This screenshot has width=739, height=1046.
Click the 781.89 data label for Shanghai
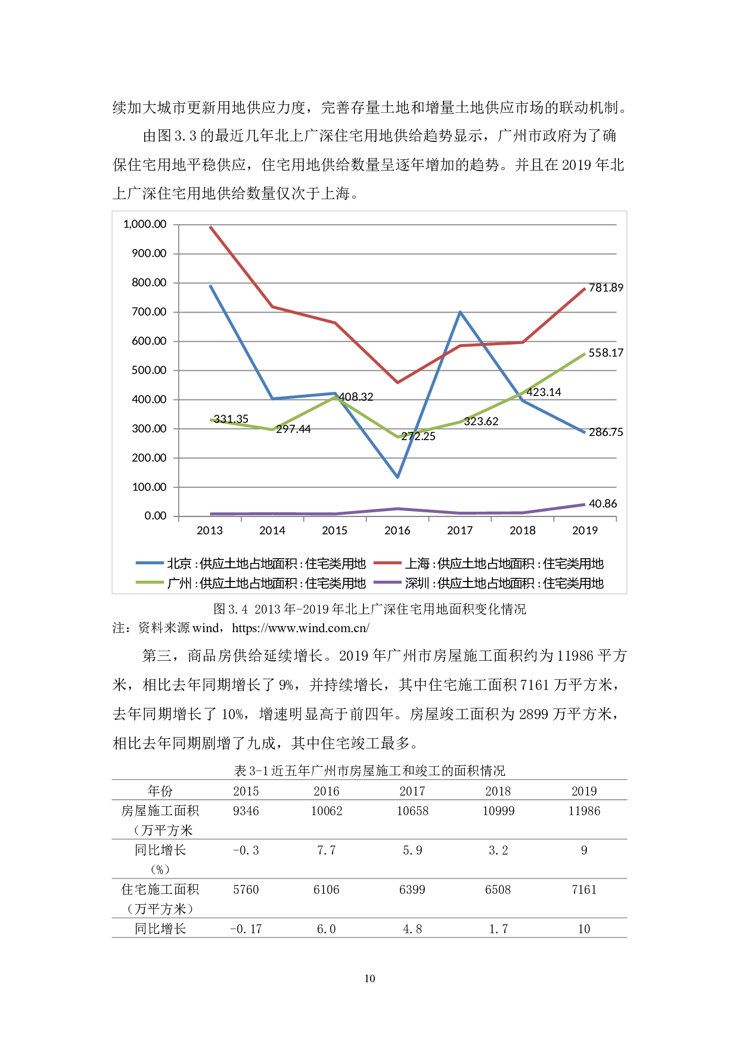(606, 288)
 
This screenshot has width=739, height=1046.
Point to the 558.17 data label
(606, 353)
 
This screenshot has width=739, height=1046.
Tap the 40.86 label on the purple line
(603, 504)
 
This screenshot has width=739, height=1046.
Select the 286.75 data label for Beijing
(606, 432)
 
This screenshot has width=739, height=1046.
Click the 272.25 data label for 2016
(418, 437)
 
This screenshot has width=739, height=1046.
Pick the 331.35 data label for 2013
(231, 419)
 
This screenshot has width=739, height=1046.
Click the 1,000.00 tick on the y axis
(145, 224)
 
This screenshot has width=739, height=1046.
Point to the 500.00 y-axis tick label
(149, 370)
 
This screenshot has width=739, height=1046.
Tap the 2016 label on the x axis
(397, 531)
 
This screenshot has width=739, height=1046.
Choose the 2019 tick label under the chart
(585, 531)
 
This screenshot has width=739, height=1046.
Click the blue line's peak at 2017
(460, 312)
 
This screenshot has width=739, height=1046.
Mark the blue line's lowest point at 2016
(398, 477)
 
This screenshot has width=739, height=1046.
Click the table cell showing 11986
(584, 811)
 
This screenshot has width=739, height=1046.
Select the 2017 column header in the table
(412, 791)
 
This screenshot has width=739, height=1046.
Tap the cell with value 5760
(246, 890)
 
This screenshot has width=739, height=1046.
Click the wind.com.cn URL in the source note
(300, 628)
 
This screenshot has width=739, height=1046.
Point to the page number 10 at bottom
(369, 979)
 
